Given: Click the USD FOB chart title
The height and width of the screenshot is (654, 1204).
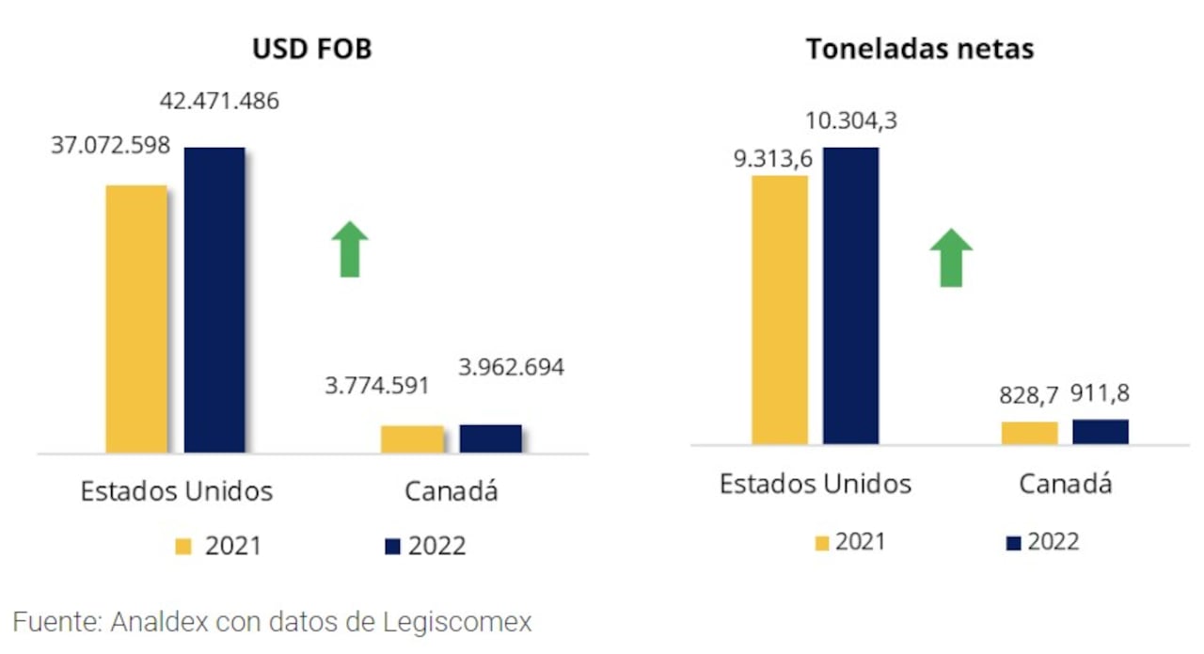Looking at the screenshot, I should pos(311,49).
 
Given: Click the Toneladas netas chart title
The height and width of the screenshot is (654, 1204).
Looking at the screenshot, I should pos(919,49).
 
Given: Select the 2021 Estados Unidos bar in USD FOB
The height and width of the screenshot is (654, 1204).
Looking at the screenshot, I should pos(136,319).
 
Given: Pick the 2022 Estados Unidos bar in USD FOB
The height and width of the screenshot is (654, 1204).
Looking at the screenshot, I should pos(214,300).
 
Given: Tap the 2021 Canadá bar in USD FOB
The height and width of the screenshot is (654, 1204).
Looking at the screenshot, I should pos(412,439).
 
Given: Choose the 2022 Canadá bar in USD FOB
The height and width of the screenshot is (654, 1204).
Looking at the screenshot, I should pos(490,439).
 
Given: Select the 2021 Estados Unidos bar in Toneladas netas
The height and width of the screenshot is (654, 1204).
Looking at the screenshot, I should pos(780,310).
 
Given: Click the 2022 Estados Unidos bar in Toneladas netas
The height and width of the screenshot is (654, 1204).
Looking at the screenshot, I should pos(850,295).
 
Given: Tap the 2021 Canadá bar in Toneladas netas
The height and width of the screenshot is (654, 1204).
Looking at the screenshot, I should pos(1029,432).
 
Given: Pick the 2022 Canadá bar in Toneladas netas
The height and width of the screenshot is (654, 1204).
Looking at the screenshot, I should pos(1100,431).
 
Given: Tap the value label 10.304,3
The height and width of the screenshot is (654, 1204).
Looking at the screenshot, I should pos(850,120).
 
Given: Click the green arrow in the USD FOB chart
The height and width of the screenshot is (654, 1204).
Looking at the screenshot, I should pos(349,249).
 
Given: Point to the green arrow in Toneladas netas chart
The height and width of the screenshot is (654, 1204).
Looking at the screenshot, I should pos(950,258).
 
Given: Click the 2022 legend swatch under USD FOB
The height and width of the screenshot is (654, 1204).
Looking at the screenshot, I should pos(392,546).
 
